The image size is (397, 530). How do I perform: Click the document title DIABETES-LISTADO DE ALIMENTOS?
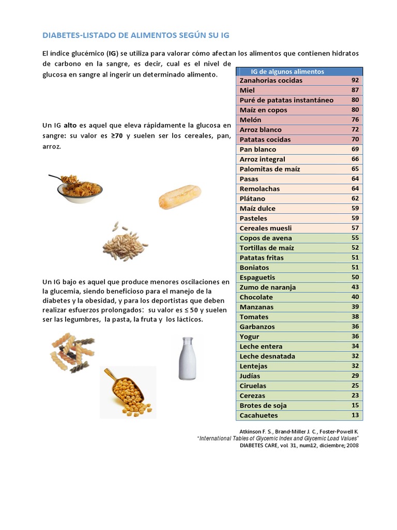[x=135, y=35]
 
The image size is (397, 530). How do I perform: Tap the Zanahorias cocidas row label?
[x=271, y=81]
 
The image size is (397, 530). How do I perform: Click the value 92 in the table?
[x=355, y=81]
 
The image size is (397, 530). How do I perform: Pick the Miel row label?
[x=248, y=91]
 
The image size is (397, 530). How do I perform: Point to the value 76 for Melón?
[x=355, y=120]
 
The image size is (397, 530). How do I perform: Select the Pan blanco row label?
[x=258, y=150]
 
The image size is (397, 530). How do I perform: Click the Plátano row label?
[x=252, y=199]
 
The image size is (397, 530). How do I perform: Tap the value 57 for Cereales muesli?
[x=355, y=228]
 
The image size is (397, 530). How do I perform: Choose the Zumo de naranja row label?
[x=268, y=287]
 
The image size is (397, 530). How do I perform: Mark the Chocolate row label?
[x=256, y=297]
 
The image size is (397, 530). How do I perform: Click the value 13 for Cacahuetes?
[x=355, y=416]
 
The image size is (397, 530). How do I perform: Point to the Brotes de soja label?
[x=263, y=406]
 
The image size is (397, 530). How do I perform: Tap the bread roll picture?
[x=179, y=197]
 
